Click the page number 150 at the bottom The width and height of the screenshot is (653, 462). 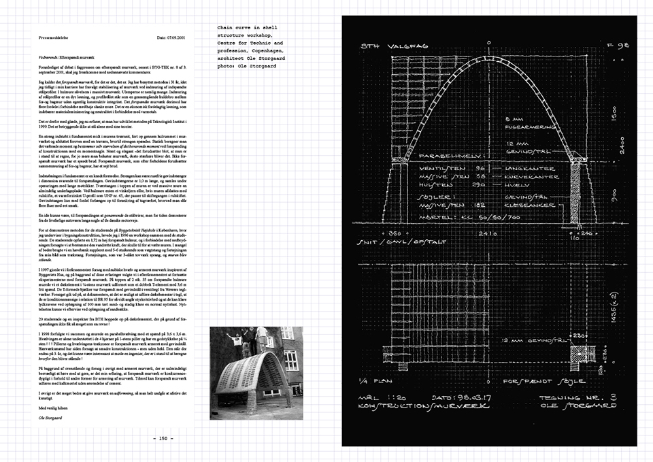163,438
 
